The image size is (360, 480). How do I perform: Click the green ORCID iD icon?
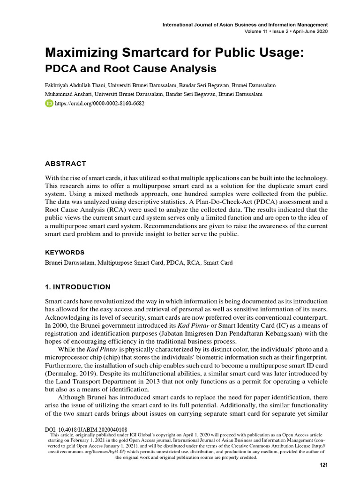[x=49, y=103]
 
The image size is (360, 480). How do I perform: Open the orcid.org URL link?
[x=99, y=103]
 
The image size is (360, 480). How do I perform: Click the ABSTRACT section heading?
[x=65, y=164]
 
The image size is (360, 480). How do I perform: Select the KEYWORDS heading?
[x=65, y=252]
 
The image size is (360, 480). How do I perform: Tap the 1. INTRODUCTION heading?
[x=78, y=287]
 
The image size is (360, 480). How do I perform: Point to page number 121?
[x=323, y=465]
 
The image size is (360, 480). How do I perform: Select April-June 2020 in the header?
[x=307, y=31]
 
